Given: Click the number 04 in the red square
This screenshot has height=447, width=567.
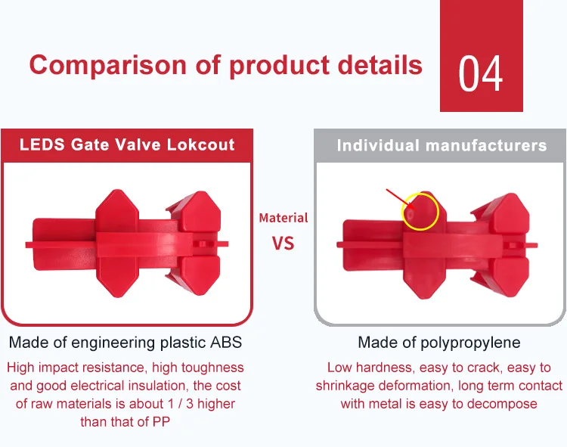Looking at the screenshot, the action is tap(480, 74).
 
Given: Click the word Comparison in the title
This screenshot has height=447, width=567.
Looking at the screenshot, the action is tap(107, 65).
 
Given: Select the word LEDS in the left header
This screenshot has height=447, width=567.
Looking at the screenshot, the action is tap(42, 144).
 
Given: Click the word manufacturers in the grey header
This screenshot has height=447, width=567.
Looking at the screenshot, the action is tap(486, 146).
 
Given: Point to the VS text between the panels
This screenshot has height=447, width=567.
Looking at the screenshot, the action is tap(283, 243).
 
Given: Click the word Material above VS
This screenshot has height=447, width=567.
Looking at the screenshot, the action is tap(283, 218).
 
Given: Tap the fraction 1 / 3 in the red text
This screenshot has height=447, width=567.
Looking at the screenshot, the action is tap(181, 404).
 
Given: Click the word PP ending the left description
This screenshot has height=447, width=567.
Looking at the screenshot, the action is tap(161, 422).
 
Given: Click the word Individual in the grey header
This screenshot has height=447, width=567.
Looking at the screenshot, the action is tap(378, 146).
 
